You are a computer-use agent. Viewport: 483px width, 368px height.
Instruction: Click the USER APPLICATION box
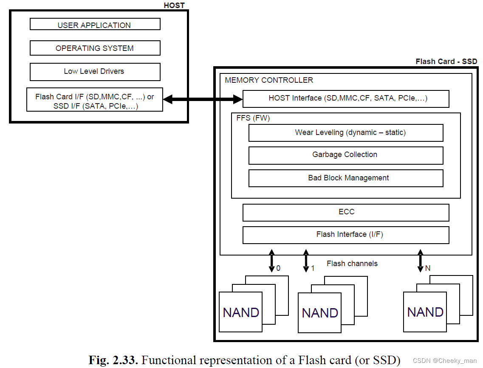coord(95,25)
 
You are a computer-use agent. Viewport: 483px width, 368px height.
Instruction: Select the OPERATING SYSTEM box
coord(95,48)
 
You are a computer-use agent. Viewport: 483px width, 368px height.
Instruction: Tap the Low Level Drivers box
coord(95,71)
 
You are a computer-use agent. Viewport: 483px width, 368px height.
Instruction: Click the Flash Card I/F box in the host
coord(95,101)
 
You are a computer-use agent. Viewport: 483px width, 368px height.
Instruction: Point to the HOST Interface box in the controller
coord(345,98)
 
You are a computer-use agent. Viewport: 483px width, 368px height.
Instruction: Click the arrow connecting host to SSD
coord(203,99)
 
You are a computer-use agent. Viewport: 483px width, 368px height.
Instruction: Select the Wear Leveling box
coord(345,132)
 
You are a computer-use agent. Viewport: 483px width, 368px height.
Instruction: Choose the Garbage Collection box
coord(345,155)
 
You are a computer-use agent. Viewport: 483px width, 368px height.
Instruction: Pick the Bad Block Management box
coord(345,178)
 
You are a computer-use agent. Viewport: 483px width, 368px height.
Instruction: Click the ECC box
coord(345,212)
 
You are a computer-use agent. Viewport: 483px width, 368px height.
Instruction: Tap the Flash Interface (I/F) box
coord(345,235)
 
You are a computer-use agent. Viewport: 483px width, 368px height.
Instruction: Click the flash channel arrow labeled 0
coord(271,261)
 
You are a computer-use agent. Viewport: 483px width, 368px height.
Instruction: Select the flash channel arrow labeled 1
coord(306,261)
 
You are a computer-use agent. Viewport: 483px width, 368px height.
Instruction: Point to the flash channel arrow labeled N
coord(421,261)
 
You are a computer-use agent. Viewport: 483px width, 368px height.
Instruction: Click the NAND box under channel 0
coord(240,312)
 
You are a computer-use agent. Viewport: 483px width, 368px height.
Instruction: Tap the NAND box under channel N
coord(425,312)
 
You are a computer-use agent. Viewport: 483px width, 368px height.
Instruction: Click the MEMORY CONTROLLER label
coord(269,80)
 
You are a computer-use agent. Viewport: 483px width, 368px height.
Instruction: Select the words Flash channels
coord(352,264)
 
